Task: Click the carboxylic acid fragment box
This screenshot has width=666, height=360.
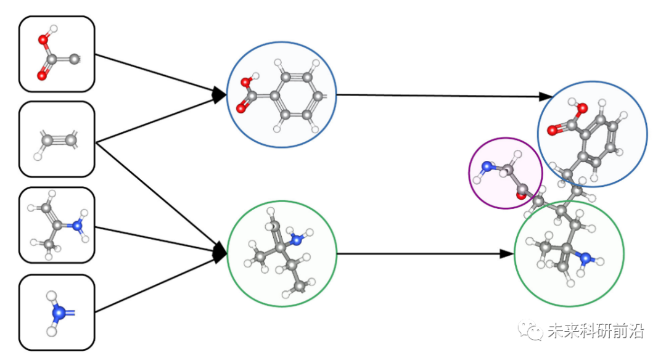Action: tap(57, 54)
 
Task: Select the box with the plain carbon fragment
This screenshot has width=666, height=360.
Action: tap(57, 139)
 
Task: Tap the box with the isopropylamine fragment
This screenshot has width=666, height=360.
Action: tap(57, 225)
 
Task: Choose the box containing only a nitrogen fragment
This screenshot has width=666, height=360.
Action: tap(57, 313)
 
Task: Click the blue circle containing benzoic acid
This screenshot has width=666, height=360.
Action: tap(281, 95)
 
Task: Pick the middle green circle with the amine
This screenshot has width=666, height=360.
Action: tap(282, 253)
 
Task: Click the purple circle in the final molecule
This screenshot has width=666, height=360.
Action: tap(505, 173)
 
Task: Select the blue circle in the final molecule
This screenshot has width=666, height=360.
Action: tap(592, 134)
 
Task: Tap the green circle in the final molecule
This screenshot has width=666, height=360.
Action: tap(569, 253)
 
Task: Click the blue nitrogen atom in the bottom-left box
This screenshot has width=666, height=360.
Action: tap(59, 313)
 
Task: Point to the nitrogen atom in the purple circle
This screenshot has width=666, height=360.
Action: tap(487, 166)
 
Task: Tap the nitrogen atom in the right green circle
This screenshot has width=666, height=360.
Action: tap(586, 258)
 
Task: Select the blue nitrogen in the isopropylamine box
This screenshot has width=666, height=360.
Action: tap(77, 226)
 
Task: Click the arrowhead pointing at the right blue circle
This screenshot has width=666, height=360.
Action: tap(545, 96)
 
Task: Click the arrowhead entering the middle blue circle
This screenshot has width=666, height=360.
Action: tap(219, 95)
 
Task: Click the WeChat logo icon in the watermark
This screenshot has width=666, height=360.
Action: tap(529, 330)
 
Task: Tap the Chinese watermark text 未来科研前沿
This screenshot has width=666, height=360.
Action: tap(595, 331)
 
